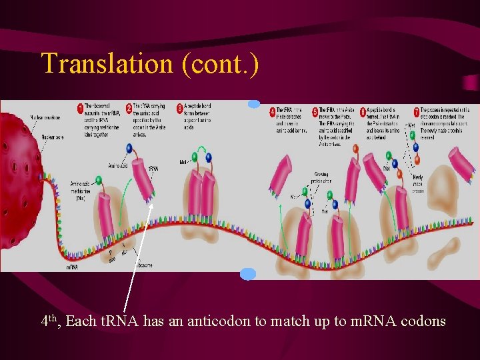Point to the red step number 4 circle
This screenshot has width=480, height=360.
coord(273,111)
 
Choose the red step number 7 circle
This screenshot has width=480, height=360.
coord(416,111)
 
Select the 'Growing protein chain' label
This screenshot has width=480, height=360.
coord(321,178)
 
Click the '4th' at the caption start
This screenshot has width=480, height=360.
coord(47,321)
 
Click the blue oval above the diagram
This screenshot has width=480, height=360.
coord(254,104)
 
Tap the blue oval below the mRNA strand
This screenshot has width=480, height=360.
coord(248,273)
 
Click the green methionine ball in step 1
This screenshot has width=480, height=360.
coord(99,179)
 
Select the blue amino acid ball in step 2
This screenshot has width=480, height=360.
coord(128,149)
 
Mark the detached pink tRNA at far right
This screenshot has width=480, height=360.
coord(461,163)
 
